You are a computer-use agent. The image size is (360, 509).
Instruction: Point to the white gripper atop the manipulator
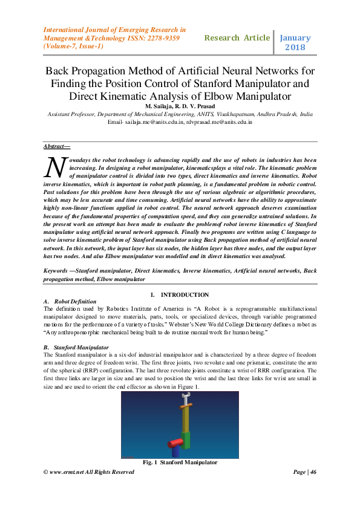186,399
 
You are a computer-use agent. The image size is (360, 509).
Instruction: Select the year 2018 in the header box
294,47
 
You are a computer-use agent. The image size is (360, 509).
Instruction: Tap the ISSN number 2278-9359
165,37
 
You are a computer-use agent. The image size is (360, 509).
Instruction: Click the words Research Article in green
237,37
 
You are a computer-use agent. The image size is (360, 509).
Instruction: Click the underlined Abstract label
56,146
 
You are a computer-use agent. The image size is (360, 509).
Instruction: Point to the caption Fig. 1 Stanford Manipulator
180,462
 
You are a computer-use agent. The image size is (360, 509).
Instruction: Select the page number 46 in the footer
313,472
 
